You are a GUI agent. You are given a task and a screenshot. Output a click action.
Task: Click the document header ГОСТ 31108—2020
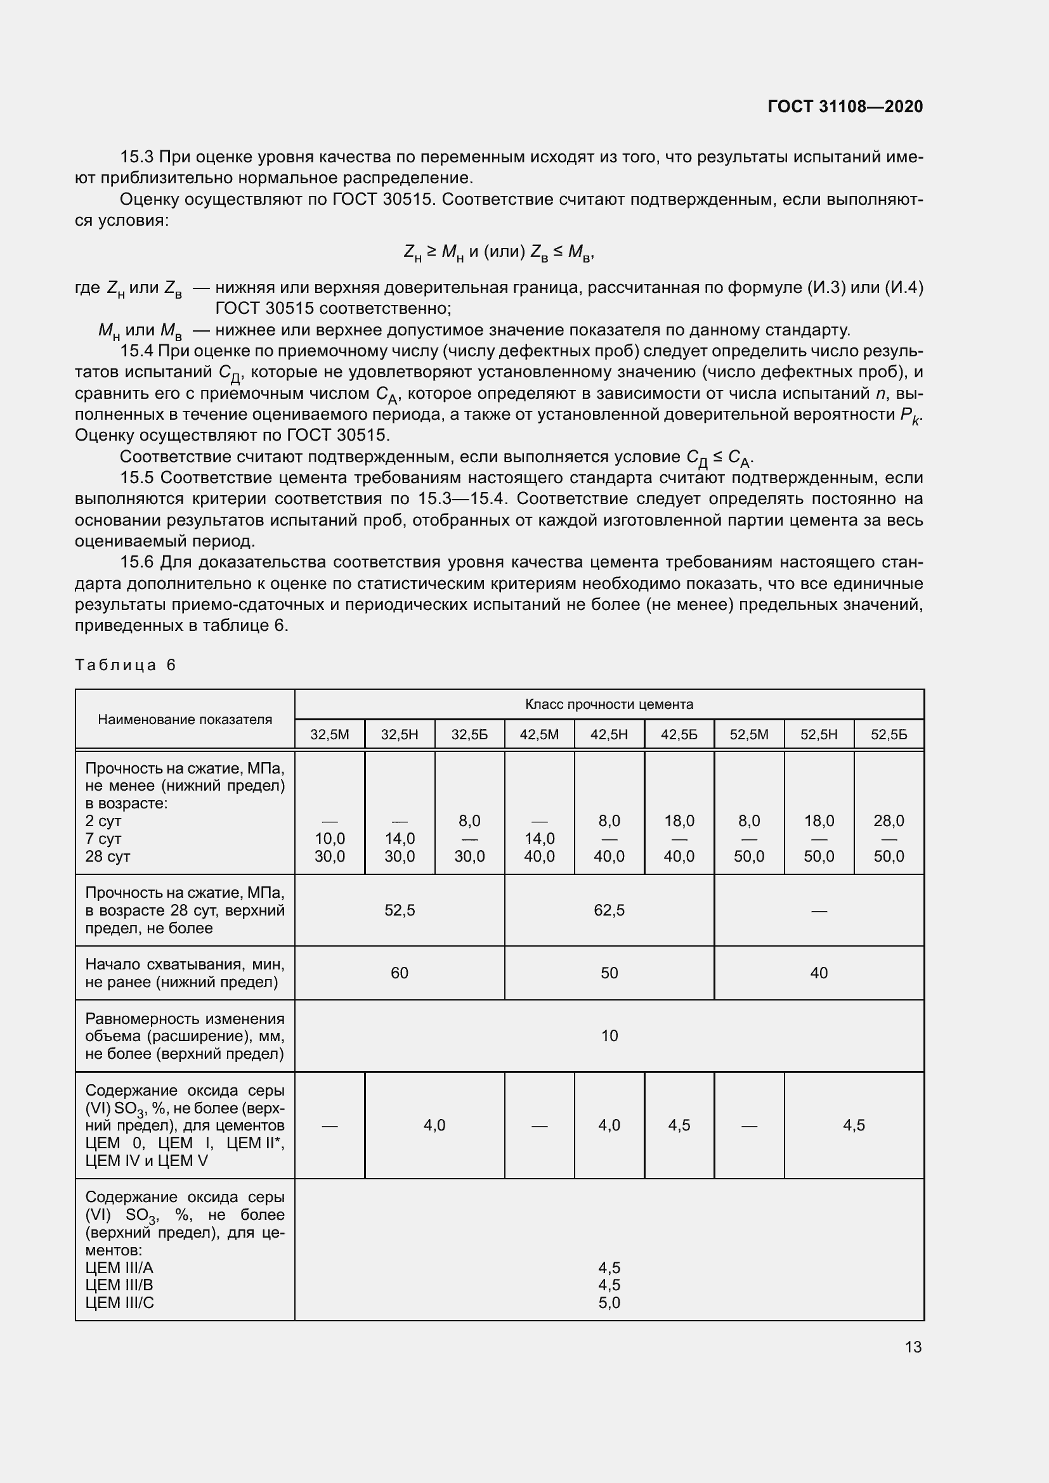coord(845,107)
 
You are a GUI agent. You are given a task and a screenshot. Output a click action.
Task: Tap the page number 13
coord(913,1347)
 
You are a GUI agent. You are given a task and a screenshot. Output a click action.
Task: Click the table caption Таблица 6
coord(126,665)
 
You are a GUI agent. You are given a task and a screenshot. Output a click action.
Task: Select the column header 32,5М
coord(329,734)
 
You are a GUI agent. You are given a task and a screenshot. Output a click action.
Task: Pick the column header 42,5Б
coord(679,734)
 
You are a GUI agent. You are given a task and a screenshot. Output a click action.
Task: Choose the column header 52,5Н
coord(818,734)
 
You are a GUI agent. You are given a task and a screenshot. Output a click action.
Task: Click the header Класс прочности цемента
coord(609,704)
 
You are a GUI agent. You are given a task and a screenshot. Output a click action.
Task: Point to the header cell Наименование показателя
coord(185,720)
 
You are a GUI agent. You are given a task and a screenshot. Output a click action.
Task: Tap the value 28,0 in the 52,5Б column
coord(888,821)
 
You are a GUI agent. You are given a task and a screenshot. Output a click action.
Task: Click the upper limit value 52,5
coord(399,910)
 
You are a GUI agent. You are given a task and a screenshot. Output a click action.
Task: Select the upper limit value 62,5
coord(609,910)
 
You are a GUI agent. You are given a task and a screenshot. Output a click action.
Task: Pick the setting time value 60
coord(399,973)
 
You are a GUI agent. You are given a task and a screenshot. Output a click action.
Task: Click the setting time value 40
coord(818,973)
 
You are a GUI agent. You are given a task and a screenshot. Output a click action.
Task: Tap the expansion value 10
coord(609,1035)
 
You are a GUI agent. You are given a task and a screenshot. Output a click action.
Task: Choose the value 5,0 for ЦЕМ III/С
coord(609,1302)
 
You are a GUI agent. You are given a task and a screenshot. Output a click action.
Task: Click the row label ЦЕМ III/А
coord(119,1267)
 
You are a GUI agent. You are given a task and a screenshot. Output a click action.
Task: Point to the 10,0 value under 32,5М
coord(329,838)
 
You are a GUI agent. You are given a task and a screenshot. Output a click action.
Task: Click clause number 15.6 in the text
coord(137,562)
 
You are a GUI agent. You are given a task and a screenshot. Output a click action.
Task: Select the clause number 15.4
coord(137,351)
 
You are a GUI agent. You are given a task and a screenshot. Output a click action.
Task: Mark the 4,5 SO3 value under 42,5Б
coord(679,1125)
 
